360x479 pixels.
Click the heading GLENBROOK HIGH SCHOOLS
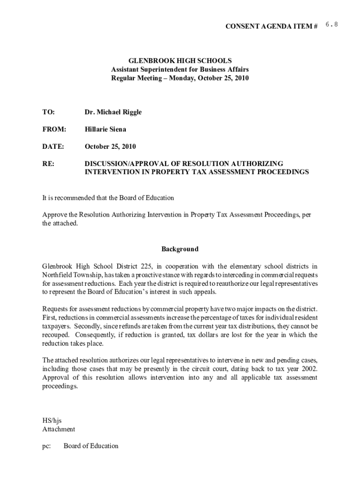[180, 61]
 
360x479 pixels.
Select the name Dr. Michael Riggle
[113, 112]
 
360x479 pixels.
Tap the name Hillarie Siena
[105, 129]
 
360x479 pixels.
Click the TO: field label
[49, 112]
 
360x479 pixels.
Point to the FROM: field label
[54, 129]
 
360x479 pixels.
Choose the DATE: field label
[53, 146]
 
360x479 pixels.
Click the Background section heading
[180, 249]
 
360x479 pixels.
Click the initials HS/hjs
[52, 421]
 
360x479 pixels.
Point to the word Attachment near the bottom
[58, 429]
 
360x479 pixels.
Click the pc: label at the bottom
[47, 446]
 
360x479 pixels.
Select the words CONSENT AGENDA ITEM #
[272, 26]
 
